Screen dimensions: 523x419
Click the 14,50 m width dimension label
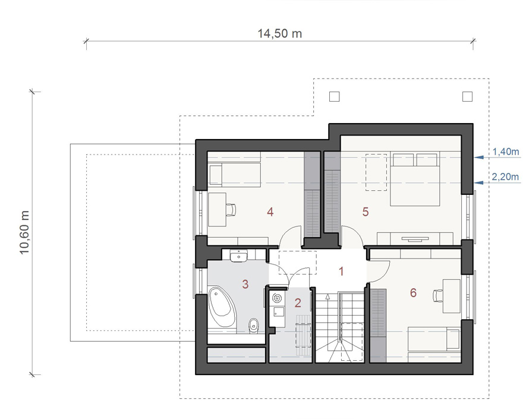tap(279, 34)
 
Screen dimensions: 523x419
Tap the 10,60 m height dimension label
tap(25, 232)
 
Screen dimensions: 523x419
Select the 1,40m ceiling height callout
tap(506, 152)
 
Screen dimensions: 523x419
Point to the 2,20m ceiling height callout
tap(505, 177)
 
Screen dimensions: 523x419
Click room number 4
tap(270, 212)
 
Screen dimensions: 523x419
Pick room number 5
tap(366, 212)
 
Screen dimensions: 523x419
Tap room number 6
tap(413, 292)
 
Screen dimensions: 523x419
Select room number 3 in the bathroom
tap(245, 284)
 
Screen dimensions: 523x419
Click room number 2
tap(298, 303)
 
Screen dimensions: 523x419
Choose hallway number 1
tap(341, 271)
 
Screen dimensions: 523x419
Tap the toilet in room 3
tap(254, 325)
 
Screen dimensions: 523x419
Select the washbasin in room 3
tap(238, 256)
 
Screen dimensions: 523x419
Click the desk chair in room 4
tap(231, 209)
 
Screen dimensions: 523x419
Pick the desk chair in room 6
tap(437, 295)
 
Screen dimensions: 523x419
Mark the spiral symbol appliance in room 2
tap(277, 298)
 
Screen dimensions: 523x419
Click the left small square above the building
tap(334, 96)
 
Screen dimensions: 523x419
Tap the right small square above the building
tap(467, 96)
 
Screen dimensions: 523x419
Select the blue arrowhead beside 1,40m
tap(479, 157)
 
